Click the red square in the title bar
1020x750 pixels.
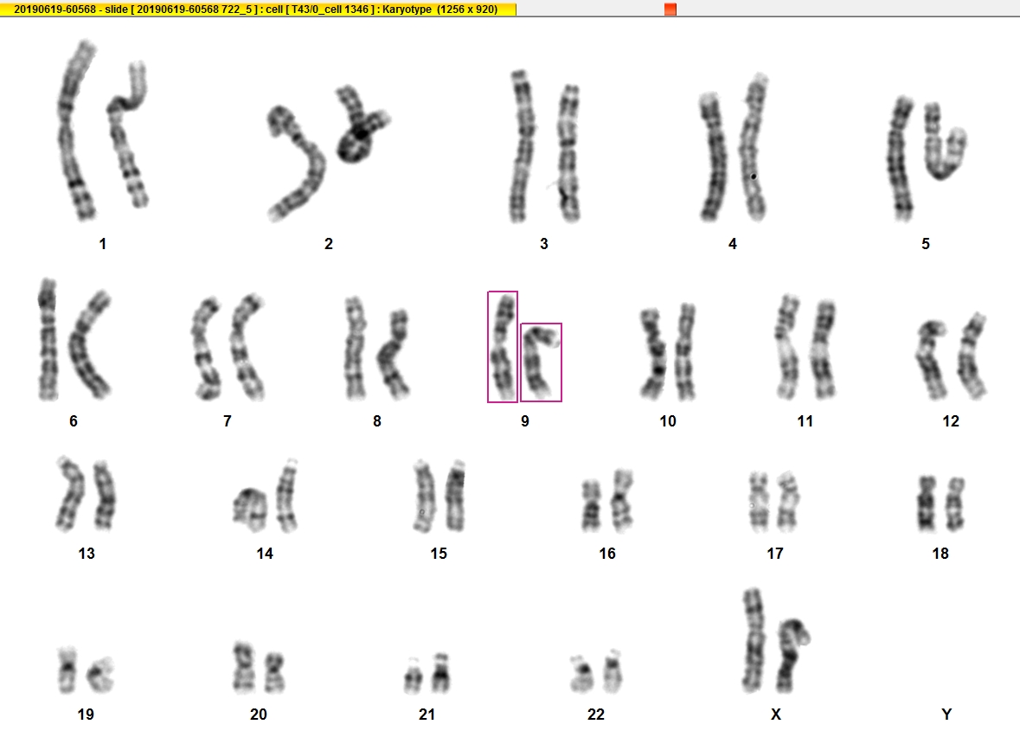coord(670,10)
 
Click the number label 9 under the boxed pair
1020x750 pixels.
coord(525,421)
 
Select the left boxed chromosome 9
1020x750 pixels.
coord(503,347)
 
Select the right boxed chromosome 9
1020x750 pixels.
coord(541,362)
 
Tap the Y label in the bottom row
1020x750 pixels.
coord(946,715)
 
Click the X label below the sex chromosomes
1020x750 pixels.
coord(775,715)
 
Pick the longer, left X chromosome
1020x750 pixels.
coord(754,641)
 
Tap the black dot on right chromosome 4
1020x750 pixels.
coord(754,176)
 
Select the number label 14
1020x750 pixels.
coord(264,554)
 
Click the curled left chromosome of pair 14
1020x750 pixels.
coord(250,508)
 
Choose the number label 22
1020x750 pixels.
coord(596,715)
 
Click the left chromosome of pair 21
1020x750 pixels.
coord(413,676)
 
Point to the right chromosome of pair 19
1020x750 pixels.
coord(101,675)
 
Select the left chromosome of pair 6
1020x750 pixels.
coord(48,340)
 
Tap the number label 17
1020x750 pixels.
coord(775,554)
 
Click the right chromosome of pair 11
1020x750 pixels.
coord(822,349)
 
